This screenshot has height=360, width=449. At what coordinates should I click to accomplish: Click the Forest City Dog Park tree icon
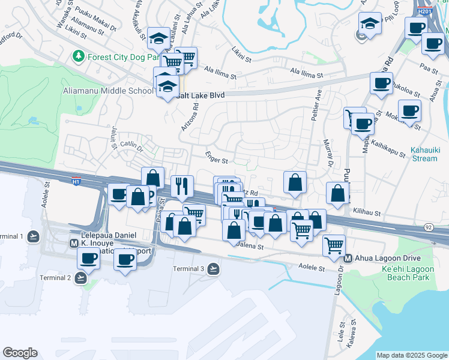tap(77, 56)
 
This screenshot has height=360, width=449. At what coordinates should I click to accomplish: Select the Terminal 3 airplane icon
tap(213, 269)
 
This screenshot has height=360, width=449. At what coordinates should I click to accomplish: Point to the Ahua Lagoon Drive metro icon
tap(348, 259)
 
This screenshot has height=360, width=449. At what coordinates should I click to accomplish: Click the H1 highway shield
tap(76, 181)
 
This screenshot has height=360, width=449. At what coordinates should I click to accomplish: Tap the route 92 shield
tap(427, 227)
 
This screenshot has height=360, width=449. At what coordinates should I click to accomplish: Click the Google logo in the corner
tap(20, 353)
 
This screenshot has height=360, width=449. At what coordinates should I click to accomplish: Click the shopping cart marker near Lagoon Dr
tap(333, 244)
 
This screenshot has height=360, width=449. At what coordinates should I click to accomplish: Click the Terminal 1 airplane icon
tap(34, 236)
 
